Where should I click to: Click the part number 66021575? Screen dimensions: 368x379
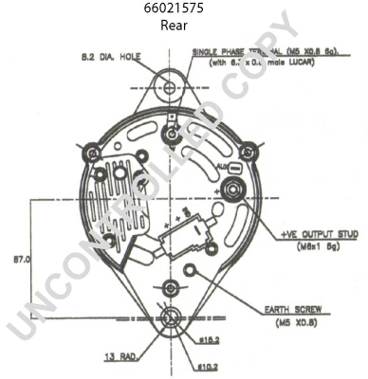point(173,9)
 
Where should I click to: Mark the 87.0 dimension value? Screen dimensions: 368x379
point(21,258)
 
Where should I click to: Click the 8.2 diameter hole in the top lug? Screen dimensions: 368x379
point(170,87)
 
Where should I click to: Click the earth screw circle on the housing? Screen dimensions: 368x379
point(190,274)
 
